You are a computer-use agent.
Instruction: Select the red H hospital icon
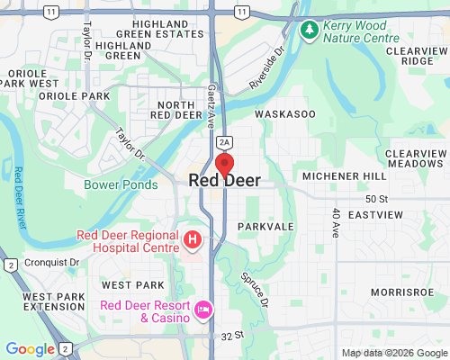pos(193,240)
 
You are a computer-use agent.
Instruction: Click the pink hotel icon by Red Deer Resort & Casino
pos(203,310)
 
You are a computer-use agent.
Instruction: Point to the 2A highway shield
pos(225,141)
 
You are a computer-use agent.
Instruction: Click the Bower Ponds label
pos(121,184)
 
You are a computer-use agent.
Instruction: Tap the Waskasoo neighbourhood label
pos(285,115)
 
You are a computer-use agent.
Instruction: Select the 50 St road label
pos(376,198)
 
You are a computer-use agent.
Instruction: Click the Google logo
pos(31,349)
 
